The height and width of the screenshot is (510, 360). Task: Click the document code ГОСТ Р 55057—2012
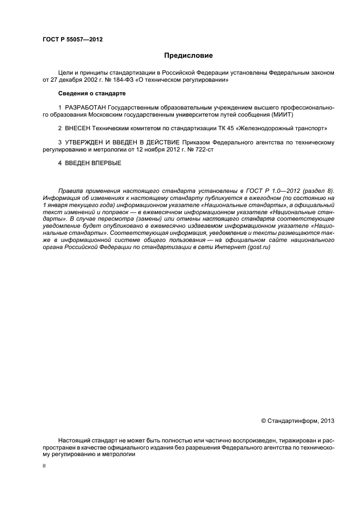tap(72, 40)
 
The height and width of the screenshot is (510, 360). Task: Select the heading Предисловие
tap(188, 56)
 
